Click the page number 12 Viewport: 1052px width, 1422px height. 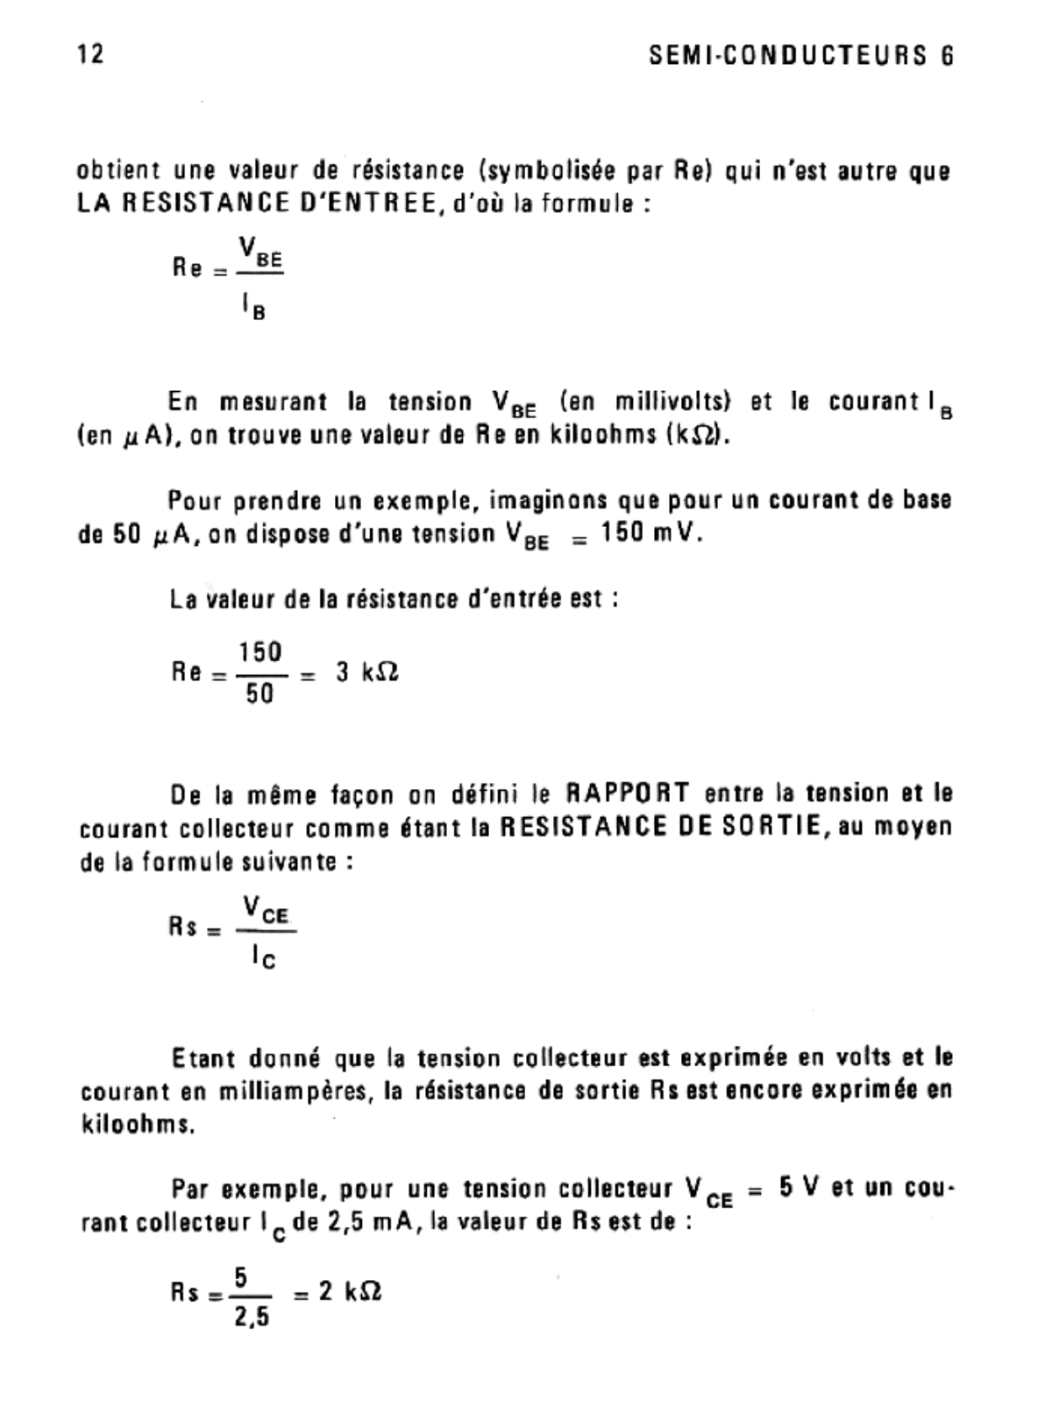click(90, 54)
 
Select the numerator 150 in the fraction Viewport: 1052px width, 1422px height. click(260, 652)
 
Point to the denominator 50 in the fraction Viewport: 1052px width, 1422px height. click(259, 694)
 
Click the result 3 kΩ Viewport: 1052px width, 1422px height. click(367, 672)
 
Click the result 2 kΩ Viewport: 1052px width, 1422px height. click(350, 1291)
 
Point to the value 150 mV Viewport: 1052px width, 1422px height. click(651, 534)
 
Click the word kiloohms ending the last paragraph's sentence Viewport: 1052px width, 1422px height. click(137, 1125)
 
